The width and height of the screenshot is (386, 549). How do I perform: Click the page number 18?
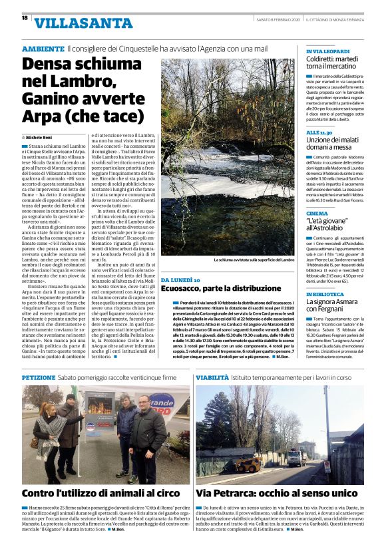coord(25,19)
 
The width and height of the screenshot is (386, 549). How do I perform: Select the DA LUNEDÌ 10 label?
coord(180,280)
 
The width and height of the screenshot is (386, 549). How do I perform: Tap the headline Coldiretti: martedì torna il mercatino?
coord(335,63)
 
